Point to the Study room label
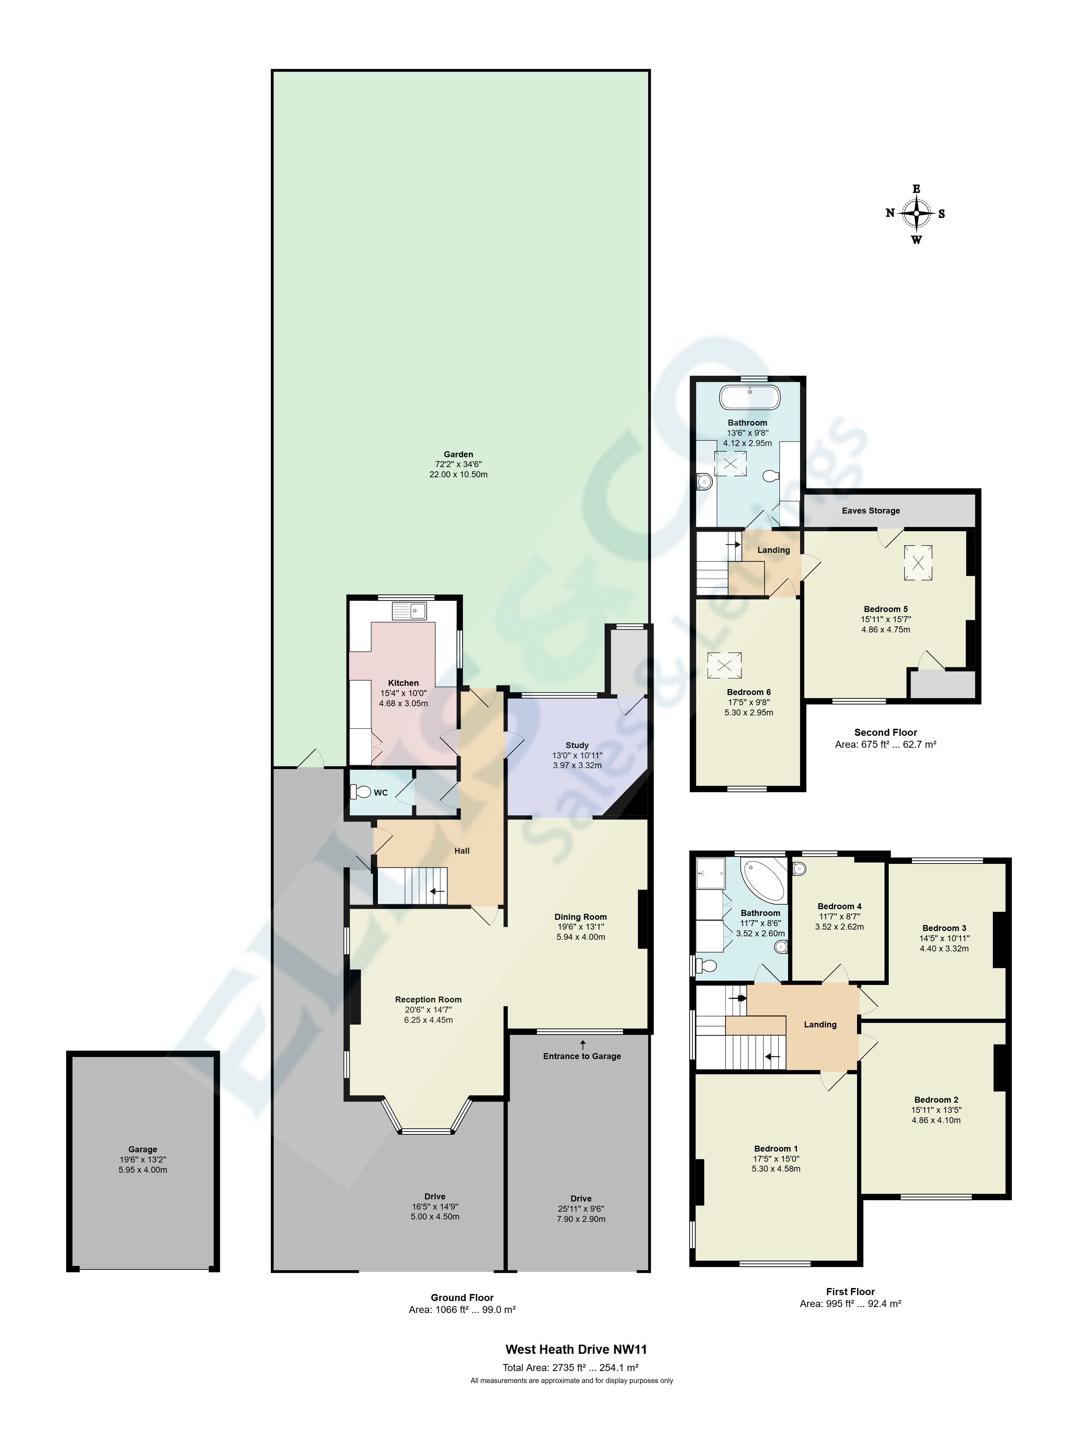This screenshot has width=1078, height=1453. [577, 745]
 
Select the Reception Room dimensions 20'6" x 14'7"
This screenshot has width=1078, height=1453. [428, 1009]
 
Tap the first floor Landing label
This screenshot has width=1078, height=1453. [820, 1024]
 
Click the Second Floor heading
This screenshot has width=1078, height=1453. [886, 732]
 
